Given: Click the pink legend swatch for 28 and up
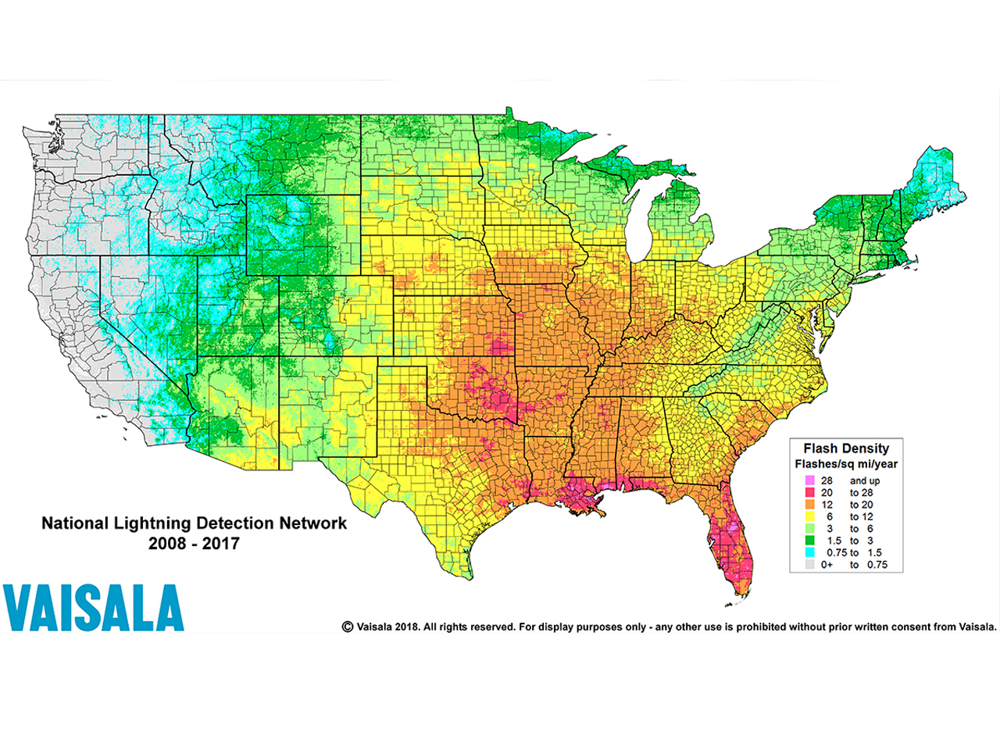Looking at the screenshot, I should coord(807,480).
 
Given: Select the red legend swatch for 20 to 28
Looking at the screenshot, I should coord(807,492).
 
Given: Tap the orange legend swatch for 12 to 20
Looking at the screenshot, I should coord(807,505).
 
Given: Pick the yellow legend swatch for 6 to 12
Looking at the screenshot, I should coord(807,516).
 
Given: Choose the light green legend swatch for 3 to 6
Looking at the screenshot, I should coord(807,528).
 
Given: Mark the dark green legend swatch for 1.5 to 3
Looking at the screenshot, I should coord(807,541).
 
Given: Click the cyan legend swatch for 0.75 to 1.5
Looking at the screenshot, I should coord(807,552).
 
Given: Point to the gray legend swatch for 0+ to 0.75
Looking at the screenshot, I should coord(807,564).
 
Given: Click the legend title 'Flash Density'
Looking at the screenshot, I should coord(846,448).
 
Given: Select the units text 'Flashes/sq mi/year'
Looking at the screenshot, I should coord(846,464).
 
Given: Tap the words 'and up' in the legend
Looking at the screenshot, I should coord(865,480).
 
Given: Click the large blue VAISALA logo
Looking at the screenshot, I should coord(93,608).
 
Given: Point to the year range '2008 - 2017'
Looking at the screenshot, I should coord(194,543).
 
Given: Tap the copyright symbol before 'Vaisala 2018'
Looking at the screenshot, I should coord(348,627).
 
